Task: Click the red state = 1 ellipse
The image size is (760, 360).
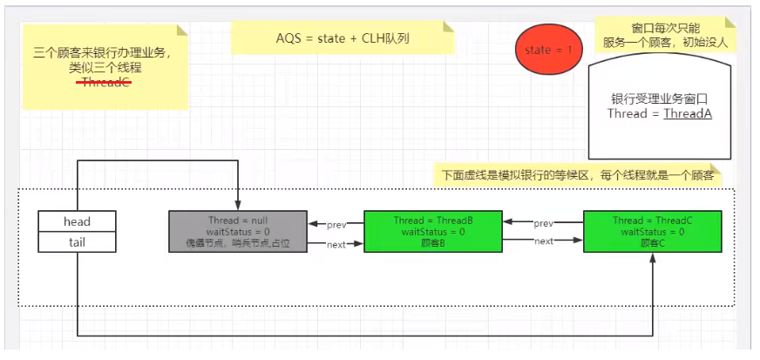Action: click(x=549, y=50)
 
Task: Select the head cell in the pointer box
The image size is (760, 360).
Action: click(x=77, y=221)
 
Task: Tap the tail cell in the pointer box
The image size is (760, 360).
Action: click(x=77, y=241)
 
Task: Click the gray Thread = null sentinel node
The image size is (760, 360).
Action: click(x=238, y=231)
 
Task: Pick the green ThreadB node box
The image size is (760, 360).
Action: click(x=432, y=231)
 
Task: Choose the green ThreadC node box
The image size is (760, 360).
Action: click(x=652, y=231)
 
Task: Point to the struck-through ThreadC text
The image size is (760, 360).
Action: click(x=106, y=83)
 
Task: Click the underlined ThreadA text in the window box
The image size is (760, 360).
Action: click(x=688, y=113)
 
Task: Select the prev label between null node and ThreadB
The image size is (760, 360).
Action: click(x=336, y=225)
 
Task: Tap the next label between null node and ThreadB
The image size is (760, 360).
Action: click(x=336, y=245)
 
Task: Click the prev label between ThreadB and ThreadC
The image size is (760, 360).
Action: click(x=543, y=223)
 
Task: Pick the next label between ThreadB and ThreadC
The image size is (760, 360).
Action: click(x=543, y=241)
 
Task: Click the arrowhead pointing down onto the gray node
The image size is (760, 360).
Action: click(x=238, y=206)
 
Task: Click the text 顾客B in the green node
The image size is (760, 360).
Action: click(x=432, y=243)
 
